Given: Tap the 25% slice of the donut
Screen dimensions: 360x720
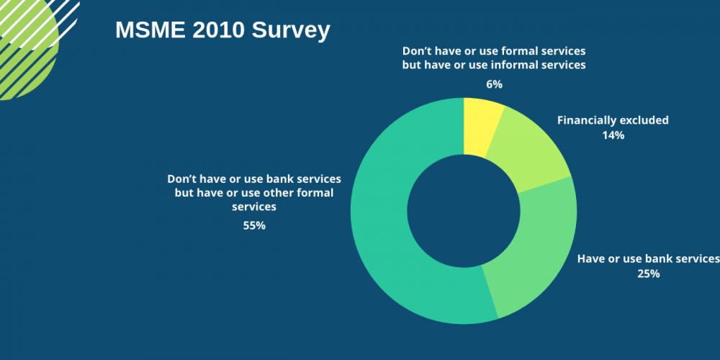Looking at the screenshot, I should [x=536, y=252].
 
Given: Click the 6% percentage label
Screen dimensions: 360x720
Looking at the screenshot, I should [x=494, y=84].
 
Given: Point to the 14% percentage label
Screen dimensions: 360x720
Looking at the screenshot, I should [x=613, y=135].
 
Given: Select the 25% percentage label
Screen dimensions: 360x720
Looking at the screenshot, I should [x=648, y=274].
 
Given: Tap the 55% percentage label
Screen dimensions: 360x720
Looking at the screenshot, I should [x=254, y=225].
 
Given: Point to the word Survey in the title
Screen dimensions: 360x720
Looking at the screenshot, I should [x=292, y=31].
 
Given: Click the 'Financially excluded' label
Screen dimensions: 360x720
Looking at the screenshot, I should [x=613, y=120].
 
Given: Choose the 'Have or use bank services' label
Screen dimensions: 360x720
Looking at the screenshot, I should [x=648, y=259].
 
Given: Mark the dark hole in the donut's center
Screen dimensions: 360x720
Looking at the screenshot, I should [x=464, y=210].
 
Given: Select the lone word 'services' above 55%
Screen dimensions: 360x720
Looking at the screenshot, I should [x=254, y=207].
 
